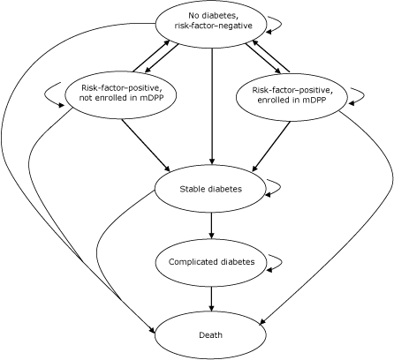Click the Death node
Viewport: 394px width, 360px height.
[210, 335]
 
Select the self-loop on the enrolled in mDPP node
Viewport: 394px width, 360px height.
[362, 95]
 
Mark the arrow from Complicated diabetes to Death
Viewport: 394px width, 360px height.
[211, 298]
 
